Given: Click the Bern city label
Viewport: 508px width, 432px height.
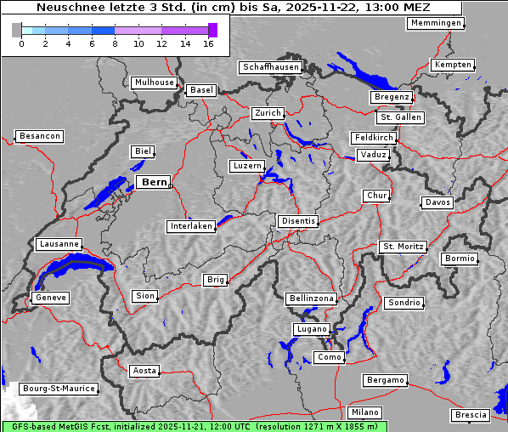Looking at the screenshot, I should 154,182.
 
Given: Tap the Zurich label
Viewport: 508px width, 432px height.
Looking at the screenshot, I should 267,113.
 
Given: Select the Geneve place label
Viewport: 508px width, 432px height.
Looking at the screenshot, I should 50,298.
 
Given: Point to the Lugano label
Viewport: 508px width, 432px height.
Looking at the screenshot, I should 310,329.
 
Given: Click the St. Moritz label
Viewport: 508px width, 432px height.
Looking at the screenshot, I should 403,247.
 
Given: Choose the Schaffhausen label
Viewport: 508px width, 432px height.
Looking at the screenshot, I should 270,66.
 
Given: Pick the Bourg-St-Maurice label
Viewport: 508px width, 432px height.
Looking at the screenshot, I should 59,389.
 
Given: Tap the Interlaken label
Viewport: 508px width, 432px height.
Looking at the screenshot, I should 191,226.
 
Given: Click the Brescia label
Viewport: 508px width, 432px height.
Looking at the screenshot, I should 471,415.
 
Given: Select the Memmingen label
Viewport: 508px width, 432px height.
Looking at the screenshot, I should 436,23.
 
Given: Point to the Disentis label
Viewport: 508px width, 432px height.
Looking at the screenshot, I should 298,221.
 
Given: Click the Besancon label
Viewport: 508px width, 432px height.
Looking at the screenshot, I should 40,136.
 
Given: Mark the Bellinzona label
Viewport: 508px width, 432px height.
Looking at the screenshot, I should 312,298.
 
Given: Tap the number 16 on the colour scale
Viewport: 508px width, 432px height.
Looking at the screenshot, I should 208,43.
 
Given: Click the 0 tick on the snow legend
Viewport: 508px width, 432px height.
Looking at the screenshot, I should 21,43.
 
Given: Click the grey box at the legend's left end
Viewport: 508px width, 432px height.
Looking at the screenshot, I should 16,30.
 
